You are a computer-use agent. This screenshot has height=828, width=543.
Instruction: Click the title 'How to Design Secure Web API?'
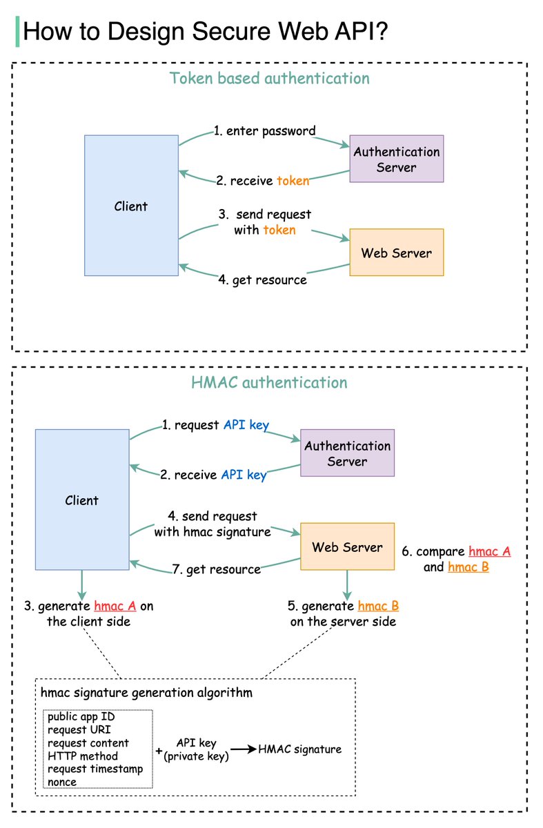click(x=207, y=32)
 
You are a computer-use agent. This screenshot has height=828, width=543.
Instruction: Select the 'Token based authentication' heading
click(x=270, y=78)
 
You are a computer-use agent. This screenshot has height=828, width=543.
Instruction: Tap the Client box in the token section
click(x=131, y=206)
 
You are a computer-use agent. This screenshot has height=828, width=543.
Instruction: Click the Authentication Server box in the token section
click(x=396, y=159)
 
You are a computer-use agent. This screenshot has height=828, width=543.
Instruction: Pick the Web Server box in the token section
click(x=396, y=253)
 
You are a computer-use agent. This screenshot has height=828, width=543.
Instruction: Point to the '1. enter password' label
click(x=264, y=130)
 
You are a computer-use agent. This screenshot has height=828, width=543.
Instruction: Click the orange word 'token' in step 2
click(x=293, y=181)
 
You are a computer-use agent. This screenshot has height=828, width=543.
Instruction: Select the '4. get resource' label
click(x=263, y=280)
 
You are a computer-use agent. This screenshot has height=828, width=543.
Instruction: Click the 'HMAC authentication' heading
click(x=270, y=382)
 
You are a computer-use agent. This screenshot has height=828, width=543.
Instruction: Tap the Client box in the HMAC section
click(x=82, y=500)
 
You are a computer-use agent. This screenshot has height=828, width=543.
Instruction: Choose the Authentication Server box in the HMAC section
click(x=347, y=453)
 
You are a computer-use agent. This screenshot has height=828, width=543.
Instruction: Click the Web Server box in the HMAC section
click(x=347, y=547)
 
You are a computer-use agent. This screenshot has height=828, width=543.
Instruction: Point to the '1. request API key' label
click(x=215, y=425)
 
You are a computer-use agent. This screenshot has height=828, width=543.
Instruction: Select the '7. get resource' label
click(x=216, y=569)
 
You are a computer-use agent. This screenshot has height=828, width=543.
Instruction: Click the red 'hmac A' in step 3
click(x=115, y=607)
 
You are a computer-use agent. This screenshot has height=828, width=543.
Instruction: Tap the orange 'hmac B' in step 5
click(x=378, y=607)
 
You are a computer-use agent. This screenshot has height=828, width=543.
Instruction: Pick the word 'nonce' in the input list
click(x=62, y=781)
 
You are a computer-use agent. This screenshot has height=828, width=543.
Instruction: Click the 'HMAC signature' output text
click(x=299, y=749)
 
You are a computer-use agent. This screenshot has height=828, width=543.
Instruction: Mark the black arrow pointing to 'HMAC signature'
click(x=242, y=749)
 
